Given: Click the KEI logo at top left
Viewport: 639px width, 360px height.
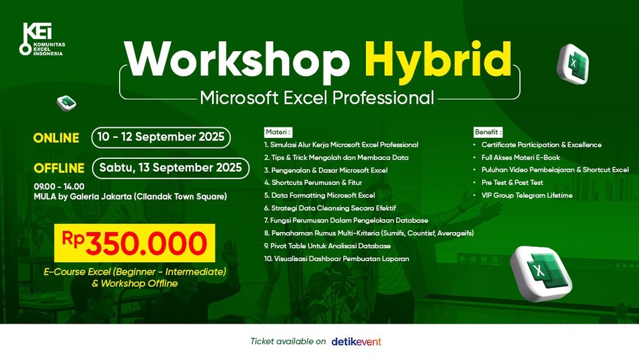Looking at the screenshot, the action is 42,39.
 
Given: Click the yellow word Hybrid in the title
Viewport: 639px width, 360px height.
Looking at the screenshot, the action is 438,60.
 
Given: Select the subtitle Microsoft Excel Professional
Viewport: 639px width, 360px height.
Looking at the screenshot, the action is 317,98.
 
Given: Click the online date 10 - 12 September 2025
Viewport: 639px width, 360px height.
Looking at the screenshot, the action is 161,137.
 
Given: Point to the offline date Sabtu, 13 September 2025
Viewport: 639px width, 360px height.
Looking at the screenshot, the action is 171,168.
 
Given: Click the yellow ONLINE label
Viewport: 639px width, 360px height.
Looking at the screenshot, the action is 57,138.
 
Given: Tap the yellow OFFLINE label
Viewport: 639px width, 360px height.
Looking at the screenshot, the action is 59,168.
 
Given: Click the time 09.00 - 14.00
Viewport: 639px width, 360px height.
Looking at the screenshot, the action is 59,186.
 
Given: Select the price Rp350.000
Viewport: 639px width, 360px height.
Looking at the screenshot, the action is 135,243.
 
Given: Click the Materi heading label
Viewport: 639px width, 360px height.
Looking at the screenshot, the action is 278,132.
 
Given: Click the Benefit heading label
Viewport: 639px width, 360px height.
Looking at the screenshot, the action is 488,132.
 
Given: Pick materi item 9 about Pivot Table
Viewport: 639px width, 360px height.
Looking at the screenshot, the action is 328,246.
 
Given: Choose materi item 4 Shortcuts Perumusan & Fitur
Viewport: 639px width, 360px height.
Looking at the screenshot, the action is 313,182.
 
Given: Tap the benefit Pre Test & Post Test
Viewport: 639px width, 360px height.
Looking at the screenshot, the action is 513,182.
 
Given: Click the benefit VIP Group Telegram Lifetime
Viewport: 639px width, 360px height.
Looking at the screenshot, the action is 527,195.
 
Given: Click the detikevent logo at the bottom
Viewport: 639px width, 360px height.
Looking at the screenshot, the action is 356,342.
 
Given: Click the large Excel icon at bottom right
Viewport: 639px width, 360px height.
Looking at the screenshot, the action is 541,273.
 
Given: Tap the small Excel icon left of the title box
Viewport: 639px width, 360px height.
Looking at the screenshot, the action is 67,103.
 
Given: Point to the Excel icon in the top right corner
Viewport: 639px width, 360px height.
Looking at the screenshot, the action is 573,64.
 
